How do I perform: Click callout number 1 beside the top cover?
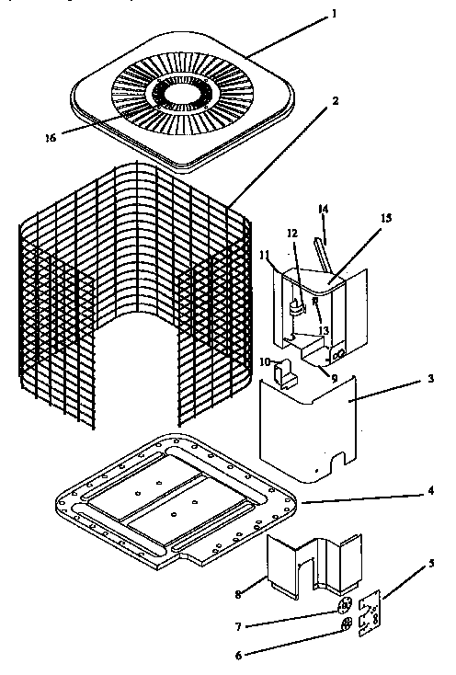(x=335, y=14)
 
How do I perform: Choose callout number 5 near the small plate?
(x=431, y=562)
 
